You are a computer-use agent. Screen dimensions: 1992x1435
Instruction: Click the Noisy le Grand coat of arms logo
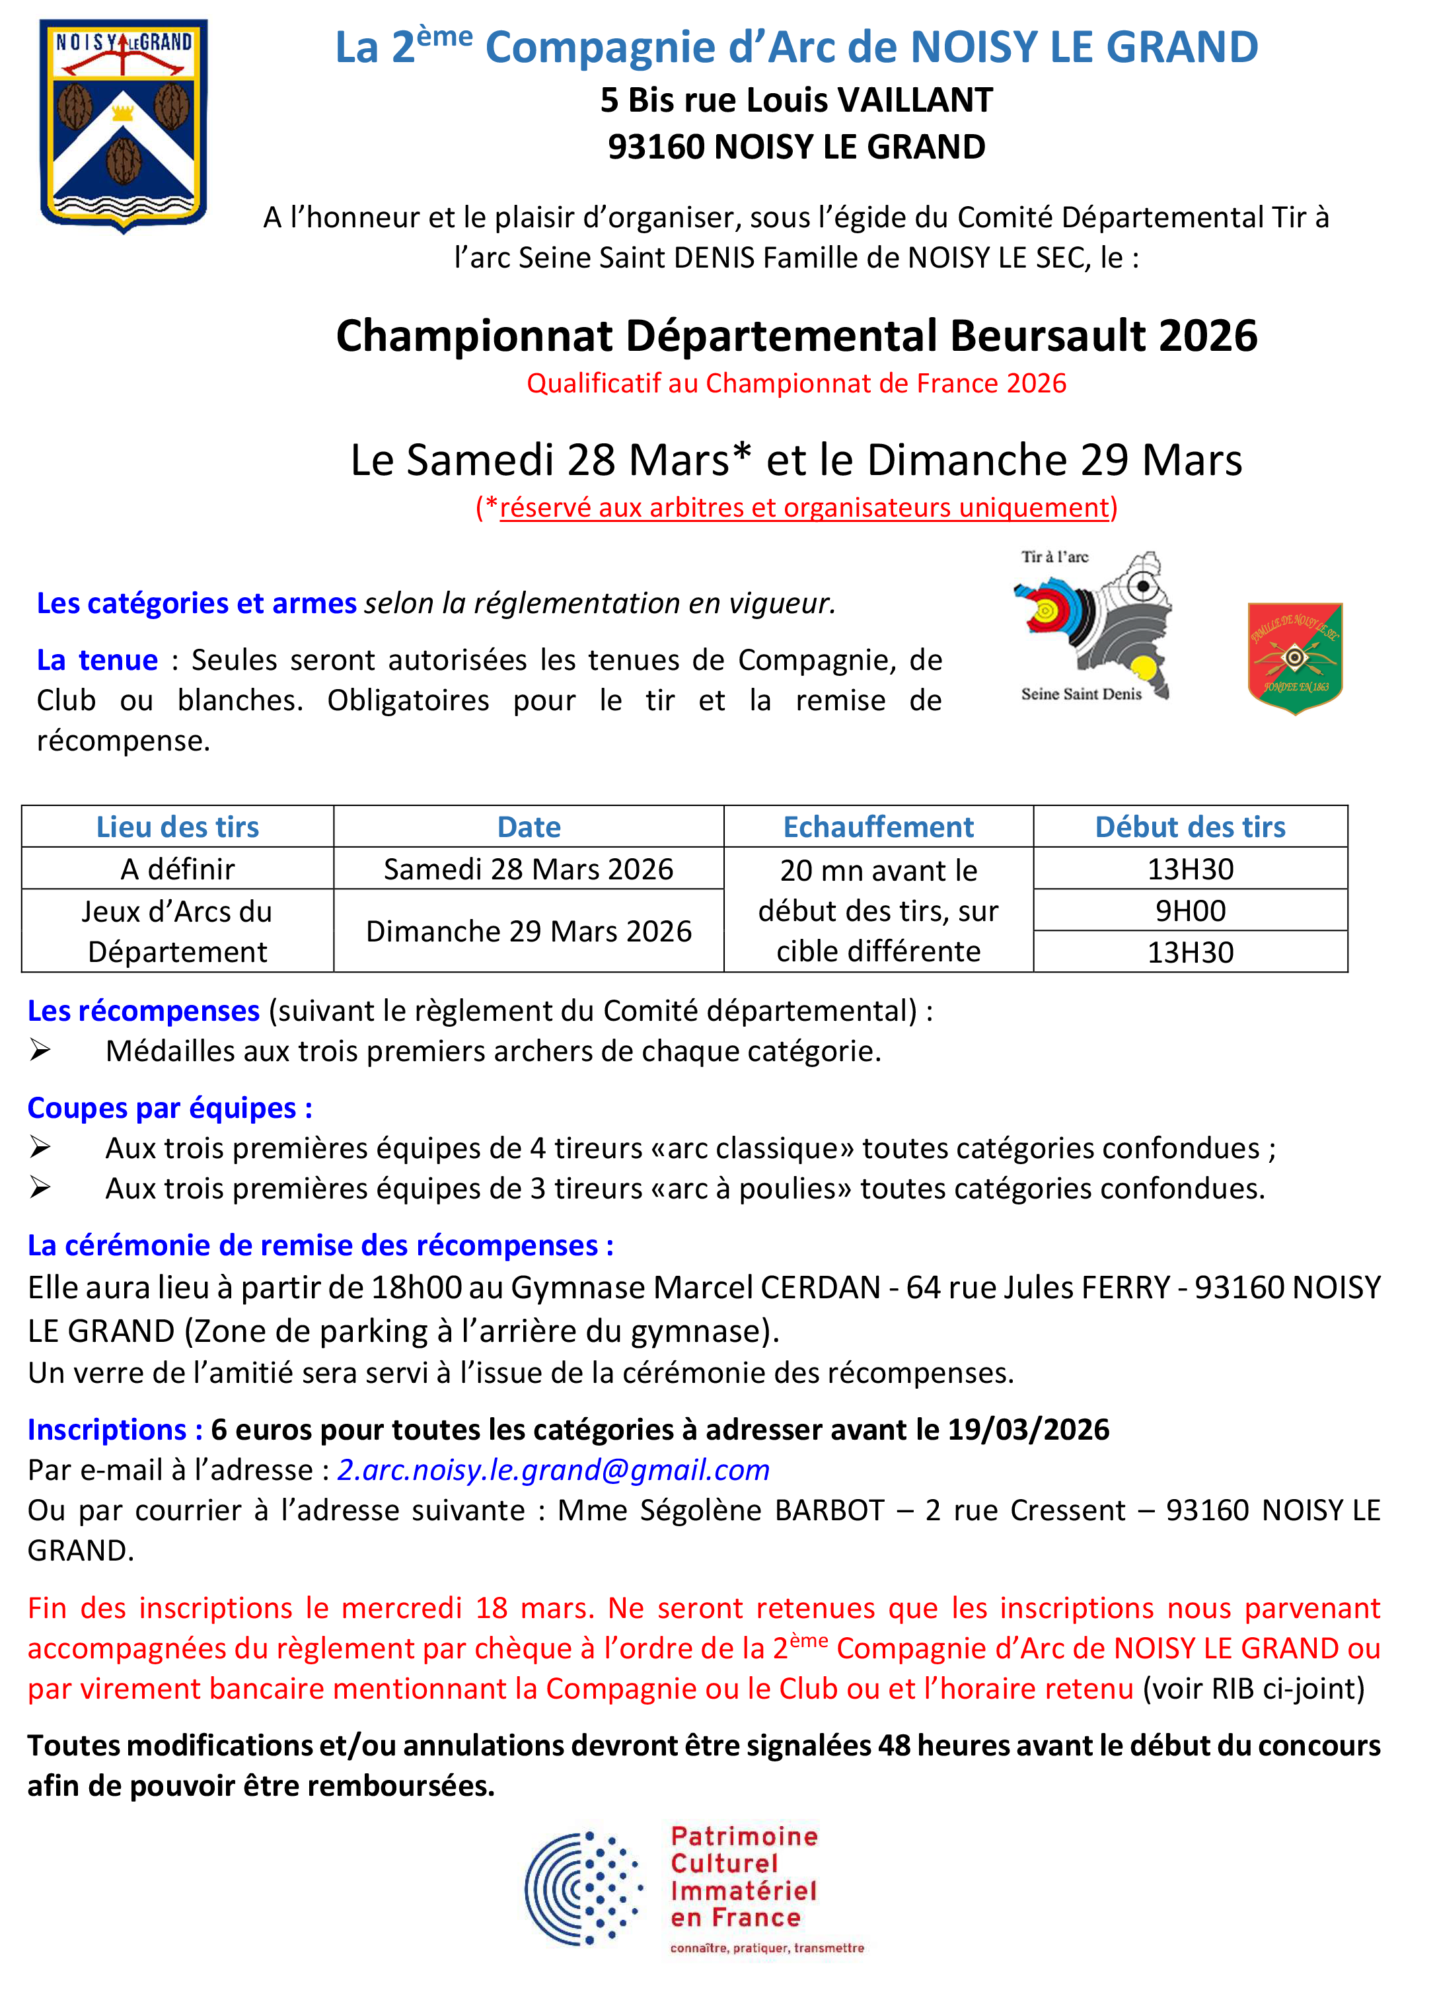click(123, 126)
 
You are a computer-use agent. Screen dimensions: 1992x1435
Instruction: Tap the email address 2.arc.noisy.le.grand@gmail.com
click(553, 1469)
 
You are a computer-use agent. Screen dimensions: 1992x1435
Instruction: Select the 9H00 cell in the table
click(1189, 911)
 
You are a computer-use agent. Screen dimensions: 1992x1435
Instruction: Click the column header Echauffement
click(877, 827)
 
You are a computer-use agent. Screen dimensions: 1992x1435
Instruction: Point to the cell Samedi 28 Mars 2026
click(528, 869)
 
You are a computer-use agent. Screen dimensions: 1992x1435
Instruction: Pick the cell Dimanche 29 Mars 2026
click(528, 931)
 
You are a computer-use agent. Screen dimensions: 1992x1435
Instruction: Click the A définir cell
click(178, 869)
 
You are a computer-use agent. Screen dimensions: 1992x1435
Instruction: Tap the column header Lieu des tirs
click(178, 827)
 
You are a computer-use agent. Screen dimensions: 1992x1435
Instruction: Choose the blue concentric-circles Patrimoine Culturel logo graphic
click(584, 1888)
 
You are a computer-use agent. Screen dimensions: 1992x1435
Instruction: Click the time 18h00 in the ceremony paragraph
click(416, 1288)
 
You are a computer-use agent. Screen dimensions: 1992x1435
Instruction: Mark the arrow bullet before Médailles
click(40, 1050)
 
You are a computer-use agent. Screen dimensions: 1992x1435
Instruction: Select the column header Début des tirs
click(1189, 827)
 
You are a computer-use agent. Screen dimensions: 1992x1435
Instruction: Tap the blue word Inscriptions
click(106, 1429)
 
